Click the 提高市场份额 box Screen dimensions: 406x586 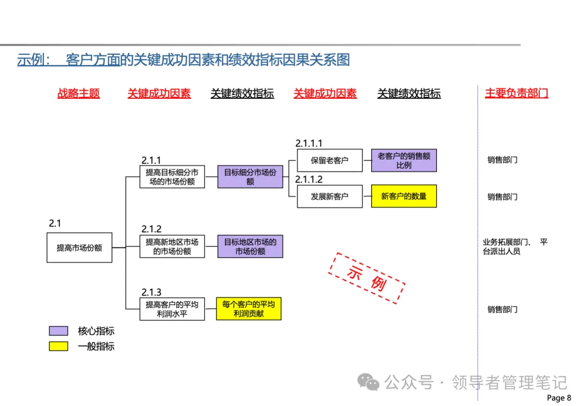click(79, 248)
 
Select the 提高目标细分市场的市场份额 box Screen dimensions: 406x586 click(172, 177)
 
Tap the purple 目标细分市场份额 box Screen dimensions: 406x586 click(250, 177)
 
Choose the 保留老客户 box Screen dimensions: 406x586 click(329, 160)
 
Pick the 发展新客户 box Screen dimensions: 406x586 click(329, 196)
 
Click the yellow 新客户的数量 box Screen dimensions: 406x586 click(404, 196)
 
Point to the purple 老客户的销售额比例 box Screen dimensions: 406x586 click(404, 160)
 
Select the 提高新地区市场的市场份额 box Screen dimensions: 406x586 click(172, 246)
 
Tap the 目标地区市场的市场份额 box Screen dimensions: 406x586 click(250, 246)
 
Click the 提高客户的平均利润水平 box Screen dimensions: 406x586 click(172, 309)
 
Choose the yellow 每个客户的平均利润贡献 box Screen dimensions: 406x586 click(249, 308)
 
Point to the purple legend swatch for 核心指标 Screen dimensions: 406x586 click(59, 331)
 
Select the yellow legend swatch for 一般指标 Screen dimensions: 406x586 click(59, 346)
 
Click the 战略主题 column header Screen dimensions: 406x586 click(79, 93)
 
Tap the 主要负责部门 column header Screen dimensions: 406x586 click(516, 93)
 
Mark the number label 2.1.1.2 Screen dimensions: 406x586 click(309, 180)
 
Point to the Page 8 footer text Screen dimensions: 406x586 click(559, 398)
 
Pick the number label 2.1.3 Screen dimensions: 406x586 click(151, 293)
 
